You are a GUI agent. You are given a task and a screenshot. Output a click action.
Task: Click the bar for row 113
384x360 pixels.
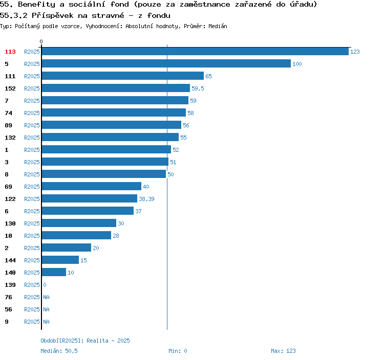pos(195,52)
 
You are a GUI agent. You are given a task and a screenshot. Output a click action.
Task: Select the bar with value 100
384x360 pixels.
pos(166,64)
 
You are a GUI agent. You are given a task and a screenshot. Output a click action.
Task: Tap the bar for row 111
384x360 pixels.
pos(122,76)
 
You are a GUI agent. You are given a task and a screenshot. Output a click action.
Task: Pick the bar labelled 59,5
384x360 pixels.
pos(116,88)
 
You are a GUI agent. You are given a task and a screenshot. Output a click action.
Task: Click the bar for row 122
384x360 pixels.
pos(89,199)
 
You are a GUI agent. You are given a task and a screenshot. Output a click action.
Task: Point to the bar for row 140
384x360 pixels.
pos(54,273)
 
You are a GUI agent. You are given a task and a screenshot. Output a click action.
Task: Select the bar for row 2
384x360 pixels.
pos(66,248)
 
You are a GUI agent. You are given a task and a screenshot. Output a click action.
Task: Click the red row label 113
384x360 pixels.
pos(10,52)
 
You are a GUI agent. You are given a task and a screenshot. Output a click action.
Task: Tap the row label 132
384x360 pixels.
pos(10,138)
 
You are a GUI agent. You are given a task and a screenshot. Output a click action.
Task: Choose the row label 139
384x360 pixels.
pos(10,285)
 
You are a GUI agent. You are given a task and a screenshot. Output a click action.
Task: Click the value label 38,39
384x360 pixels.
pos(146,199)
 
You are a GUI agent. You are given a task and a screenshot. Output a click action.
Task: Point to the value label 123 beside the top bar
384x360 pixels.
pos(355,52)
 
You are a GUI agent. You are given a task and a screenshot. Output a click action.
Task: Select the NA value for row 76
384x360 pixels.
pos(46,297)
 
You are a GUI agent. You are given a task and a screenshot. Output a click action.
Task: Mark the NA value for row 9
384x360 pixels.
pos(46,322)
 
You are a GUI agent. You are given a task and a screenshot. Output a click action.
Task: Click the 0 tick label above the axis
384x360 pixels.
pos(41,41)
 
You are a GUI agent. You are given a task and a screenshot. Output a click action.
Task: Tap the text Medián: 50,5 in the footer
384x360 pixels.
pos(59,351)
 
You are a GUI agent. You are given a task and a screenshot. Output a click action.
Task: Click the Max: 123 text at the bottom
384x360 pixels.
pos(283,351)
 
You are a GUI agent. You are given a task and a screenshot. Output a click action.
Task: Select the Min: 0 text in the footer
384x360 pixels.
pos(178,351)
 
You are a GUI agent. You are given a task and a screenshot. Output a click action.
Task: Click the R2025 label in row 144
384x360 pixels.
pos(32,260)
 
